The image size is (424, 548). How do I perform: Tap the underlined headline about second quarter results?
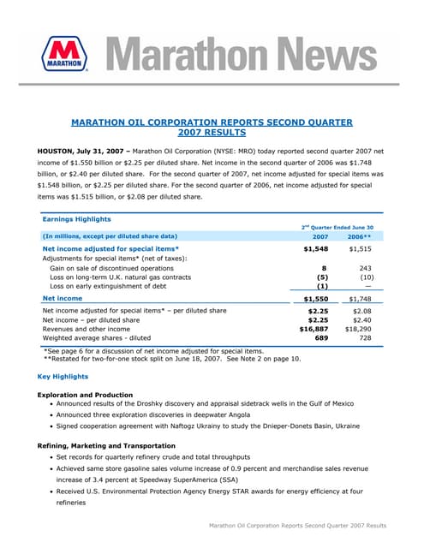coord(212,128)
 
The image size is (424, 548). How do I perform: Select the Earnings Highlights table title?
coord(78,218)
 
